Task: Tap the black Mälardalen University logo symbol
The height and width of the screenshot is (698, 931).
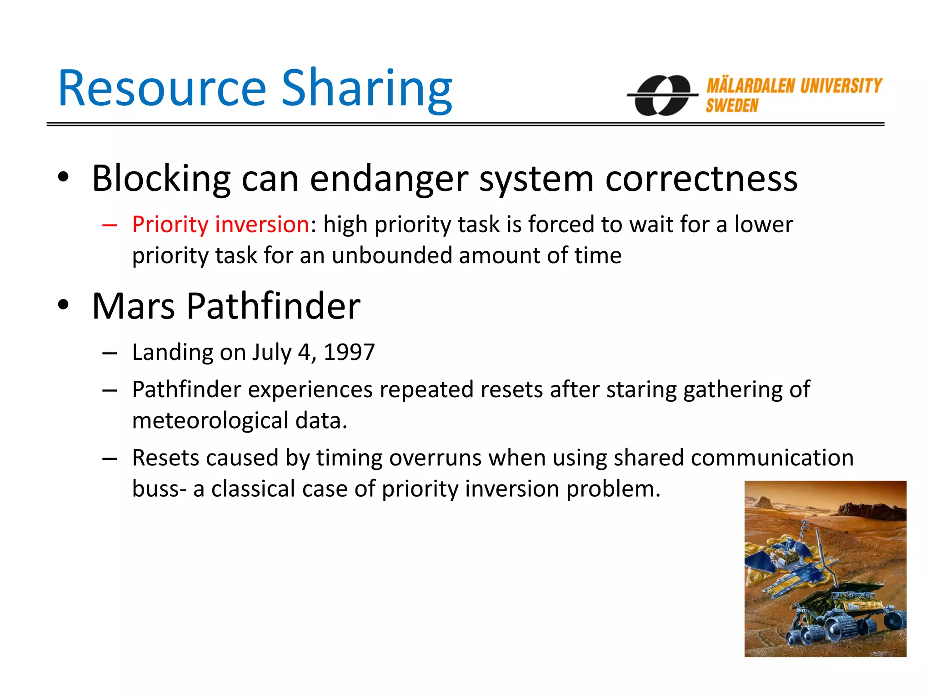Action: click(663, 95)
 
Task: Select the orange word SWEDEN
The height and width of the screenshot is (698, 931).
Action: click(732, 106)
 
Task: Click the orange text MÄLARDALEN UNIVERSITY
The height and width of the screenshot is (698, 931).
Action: click(794, 85)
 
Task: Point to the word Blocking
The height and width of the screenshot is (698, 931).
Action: click(161, 179)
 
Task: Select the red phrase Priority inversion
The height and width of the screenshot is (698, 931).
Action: click(221, 224)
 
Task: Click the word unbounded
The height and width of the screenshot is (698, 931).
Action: click(392, 255)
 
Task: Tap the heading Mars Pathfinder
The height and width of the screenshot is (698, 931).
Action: click(226, 306)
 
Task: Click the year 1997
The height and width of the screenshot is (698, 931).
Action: click(349, 352)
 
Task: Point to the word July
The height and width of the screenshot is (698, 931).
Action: click(271, 352)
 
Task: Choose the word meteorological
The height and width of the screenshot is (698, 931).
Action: click(210, 420)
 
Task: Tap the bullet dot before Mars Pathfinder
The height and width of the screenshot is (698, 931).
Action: click(63, 305)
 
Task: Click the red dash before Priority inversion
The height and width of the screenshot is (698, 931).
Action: click(110, 225)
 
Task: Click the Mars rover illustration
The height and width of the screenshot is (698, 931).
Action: click(825, 568)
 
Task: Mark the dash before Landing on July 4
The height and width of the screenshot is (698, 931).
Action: click(110, 353)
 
